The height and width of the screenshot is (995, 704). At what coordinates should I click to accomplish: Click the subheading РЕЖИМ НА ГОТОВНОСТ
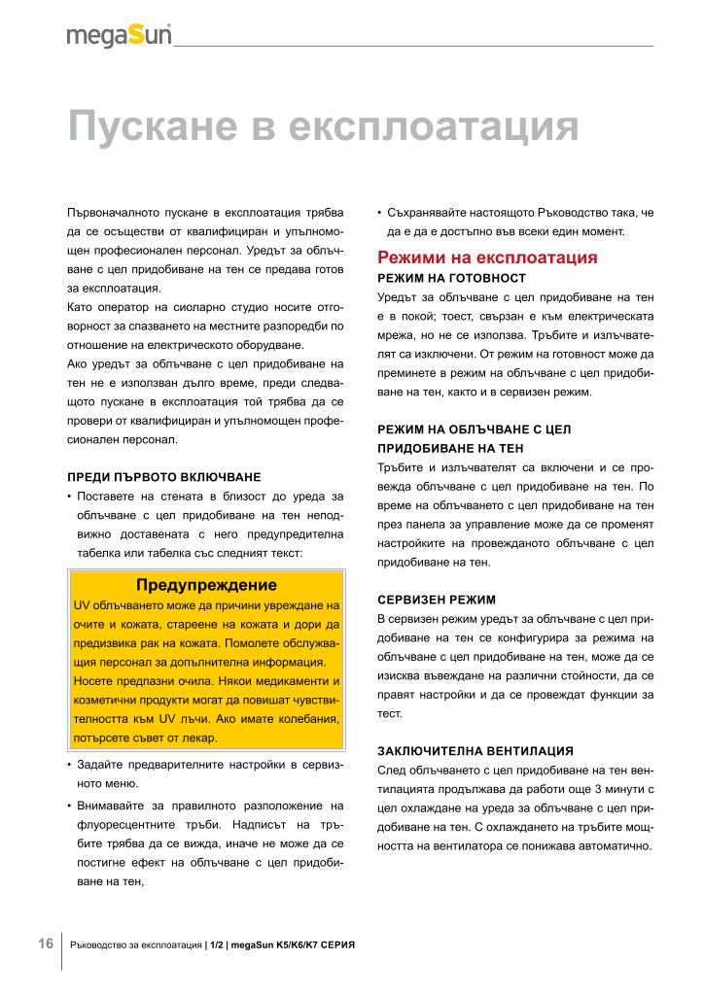click(451, 278)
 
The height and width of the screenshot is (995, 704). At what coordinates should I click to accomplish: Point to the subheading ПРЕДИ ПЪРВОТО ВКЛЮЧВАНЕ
click(163, 477)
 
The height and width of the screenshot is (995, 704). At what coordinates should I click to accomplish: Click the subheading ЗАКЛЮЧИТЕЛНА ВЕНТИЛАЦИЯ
click(475, 751)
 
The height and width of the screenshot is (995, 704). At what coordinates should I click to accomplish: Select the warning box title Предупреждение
click(207, 585)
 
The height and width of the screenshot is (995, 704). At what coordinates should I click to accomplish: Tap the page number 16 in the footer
click(46, 944)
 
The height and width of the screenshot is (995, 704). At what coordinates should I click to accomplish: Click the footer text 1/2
click(217, 944)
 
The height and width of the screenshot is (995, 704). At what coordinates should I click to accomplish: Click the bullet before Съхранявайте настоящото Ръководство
click(379, 212)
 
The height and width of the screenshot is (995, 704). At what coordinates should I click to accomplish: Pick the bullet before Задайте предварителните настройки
click(69, 764)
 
